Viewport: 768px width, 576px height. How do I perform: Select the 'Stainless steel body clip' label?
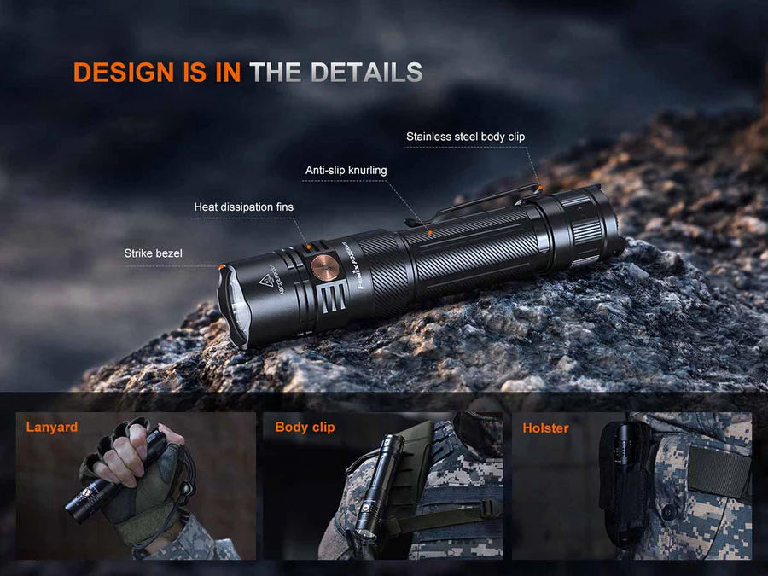point(465,137)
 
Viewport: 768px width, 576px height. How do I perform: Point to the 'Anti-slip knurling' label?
point(346,171)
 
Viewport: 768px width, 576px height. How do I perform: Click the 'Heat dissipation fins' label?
point(243,207)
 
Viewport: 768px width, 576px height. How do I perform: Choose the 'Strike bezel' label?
point(153,253)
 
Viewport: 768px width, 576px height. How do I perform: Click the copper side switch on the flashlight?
point(325,267)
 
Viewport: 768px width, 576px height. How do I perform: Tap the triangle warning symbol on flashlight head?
point(265,282)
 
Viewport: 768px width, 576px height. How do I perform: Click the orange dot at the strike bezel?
point(223,266)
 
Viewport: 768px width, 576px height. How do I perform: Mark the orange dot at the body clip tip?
point(539,187)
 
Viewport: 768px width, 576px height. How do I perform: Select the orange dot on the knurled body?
point(430,233)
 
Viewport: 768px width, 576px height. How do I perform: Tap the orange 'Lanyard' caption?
point(52,428)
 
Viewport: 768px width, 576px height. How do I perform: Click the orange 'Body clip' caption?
point(305,428)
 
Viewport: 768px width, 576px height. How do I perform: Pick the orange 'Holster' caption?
point(545,428)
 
